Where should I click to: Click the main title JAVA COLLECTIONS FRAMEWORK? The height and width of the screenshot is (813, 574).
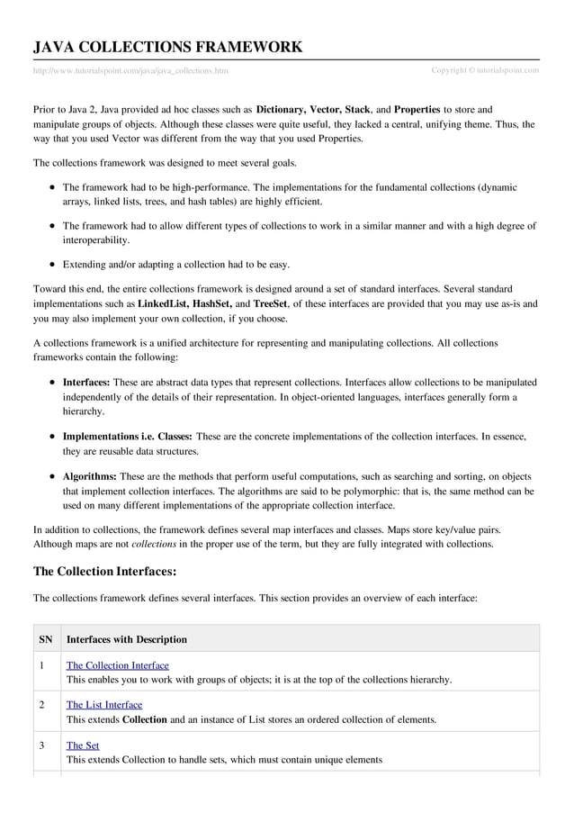167,48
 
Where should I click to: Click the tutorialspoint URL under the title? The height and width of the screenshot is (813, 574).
130,70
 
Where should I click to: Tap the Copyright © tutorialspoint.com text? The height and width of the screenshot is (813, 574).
485,70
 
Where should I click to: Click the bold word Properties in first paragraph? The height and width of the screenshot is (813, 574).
417,109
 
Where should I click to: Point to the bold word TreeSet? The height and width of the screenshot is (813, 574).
270,304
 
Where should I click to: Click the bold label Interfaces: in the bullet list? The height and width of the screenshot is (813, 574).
86,382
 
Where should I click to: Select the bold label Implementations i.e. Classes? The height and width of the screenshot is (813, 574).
127,437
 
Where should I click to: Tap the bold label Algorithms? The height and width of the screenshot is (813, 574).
89,476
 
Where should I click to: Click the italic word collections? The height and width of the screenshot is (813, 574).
154,544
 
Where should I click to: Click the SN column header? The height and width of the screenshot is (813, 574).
46,639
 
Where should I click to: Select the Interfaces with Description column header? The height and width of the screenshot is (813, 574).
127,639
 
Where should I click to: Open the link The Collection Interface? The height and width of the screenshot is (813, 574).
117,665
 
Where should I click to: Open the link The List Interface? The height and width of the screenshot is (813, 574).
104,705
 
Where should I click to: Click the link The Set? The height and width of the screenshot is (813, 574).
83,745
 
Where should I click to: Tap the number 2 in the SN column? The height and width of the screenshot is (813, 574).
42,705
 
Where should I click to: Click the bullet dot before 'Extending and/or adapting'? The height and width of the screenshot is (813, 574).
54,265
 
